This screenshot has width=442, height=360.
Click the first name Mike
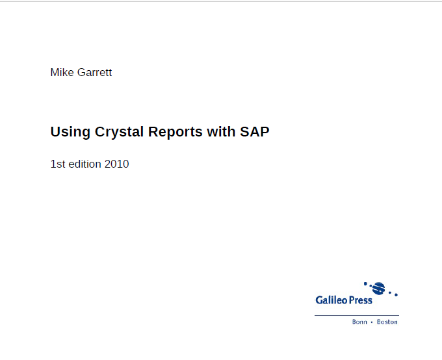coord(62,72)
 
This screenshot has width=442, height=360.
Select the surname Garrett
coord(94,72)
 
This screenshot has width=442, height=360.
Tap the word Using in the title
coord(70,132)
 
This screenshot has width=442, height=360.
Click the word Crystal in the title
coord(119,132)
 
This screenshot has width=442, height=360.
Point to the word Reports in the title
coord(175,132)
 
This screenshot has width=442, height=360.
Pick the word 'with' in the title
coord(221,131)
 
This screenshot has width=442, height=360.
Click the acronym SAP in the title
coord(255,131)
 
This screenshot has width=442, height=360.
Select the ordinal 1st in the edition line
coord(58,164)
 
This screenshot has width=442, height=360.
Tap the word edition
coord(85,164)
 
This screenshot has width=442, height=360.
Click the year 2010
coord(117,164)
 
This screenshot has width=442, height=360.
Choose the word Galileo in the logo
coord(331,300)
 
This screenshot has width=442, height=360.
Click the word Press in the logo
coord(361,300)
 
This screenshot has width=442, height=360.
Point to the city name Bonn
coord(359,322)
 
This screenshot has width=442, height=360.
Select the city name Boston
coord(387,322)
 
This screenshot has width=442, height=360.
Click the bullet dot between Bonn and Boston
coord(372,322)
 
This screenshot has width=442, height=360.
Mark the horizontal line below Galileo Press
coord(357,315)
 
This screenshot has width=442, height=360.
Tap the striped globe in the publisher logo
coord(378,288)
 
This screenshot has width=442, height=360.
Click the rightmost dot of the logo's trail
coord(396,295)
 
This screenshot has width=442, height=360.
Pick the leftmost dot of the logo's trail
coord(365,283)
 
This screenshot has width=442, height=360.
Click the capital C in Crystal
coord(100,132)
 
